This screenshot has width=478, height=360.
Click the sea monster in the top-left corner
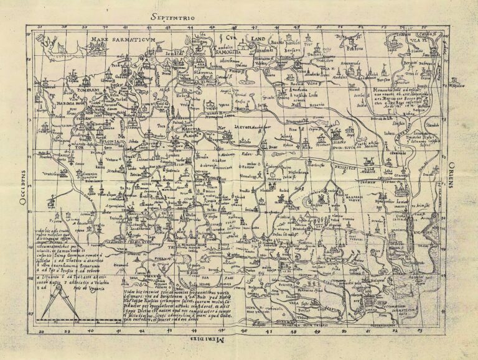[45, 42]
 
